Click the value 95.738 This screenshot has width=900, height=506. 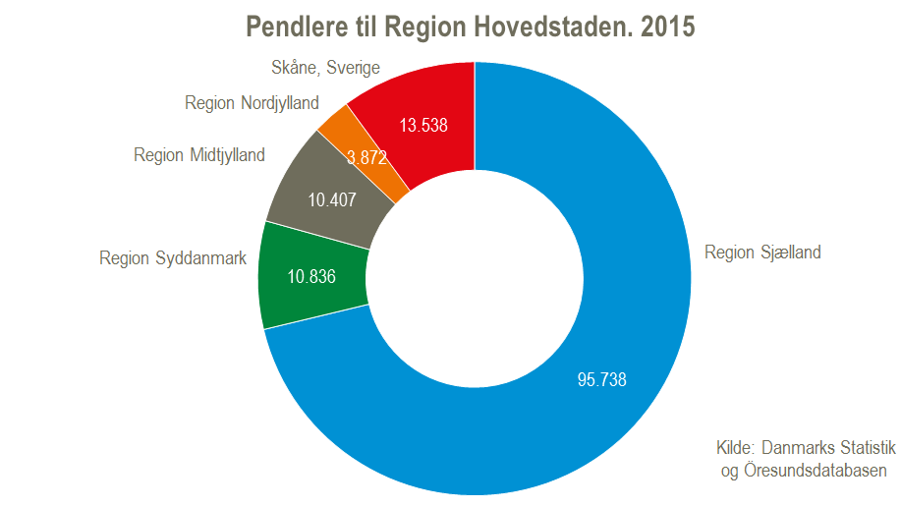(601, 380)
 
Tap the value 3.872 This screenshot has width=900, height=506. (366, 156)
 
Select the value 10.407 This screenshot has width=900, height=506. (332, 199)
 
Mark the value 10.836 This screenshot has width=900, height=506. (311, 276)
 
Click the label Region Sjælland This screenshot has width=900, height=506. (762, 253)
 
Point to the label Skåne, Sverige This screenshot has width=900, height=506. (325, 68)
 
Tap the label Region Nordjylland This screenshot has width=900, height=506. (252, 103)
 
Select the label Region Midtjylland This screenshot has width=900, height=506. (199, 155)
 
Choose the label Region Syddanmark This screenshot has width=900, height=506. (172, 258)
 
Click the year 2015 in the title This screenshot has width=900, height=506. (667, 27)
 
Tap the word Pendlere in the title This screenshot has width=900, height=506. (292, 27)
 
